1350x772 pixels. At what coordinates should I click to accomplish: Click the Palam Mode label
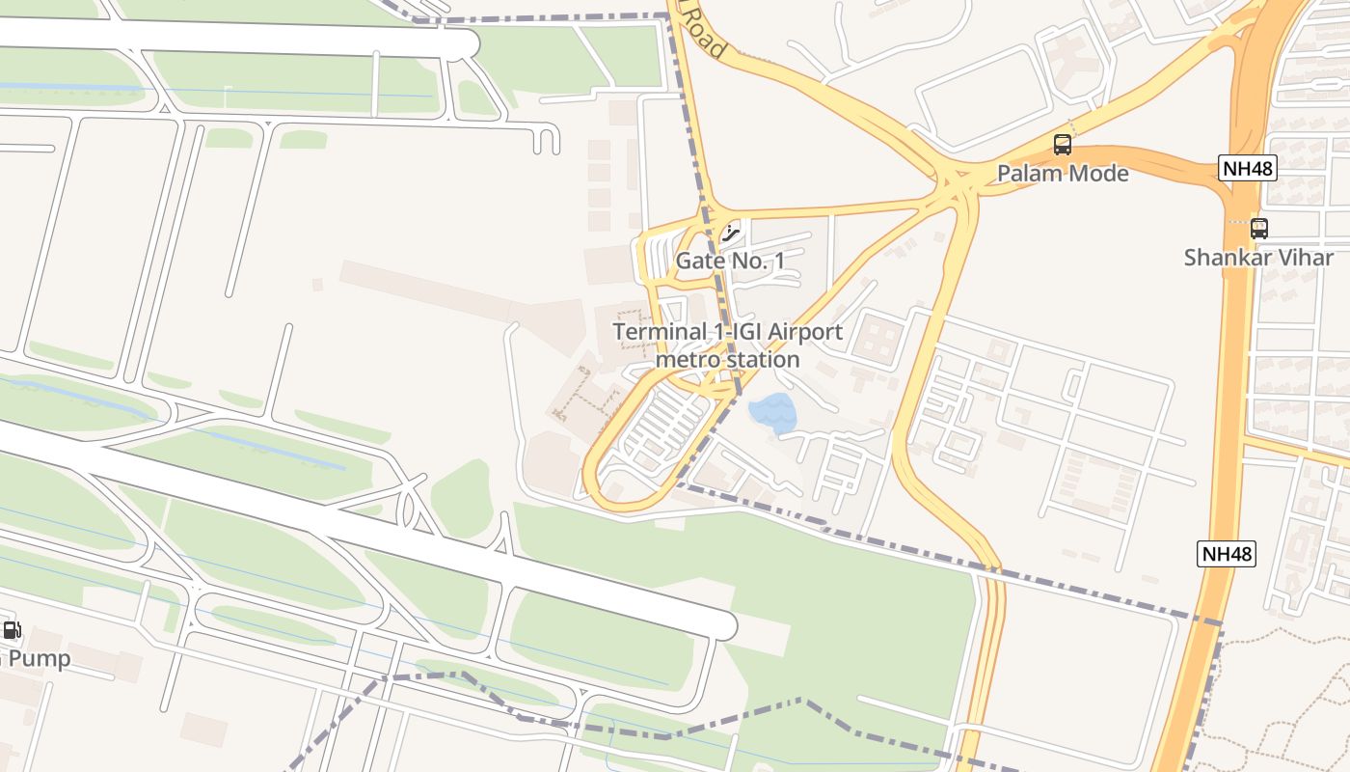coord(1062,174)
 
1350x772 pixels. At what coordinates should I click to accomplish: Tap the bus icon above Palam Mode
coord(1062,145)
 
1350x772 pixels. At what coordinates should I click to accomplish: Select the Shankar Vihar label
coord(1258,258)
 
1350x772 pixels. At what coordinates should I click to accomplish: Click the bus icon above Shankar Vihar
coord(1258,229)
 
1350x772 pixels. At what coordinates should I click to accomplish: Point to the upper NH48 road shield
coord(1247,168)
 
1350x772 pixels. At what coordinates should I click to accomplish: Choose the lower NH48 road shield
coord(1228,554)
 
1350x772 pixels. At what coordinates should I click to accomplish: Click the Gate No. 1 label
coord(730,261)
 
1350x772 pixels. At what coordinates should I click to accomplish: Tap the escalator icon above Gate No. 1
coord(732,232)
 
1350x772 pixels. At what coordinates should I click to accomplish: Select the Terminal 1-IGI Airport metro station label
coord(728,345)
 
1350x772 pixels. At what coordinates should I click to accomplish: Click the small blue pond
coord(773,413)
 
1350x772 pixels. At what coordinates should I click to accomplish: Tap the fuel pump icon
coord(12,631)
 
